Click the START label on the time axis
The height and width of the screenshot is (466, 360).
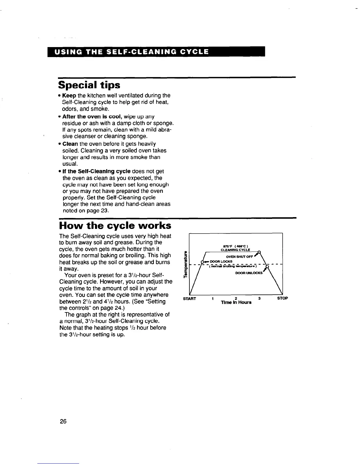(189, 299)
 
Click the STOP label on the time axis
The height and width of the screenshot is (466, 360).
(282, 299)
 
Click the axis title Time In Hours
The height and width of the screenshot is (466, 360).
(236, 303)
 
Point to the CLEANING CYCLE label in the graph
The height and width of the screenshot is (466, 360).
(235, 250)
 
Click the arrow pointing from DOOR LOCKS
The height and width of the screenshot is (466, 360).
(206, 262)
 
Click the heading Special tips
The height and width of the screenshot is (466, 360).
(89, 85)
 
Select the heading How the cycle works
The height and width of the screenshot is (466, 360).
(115, 226)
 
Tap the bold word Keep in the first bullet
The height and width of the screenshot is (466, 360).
(69, 96)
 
